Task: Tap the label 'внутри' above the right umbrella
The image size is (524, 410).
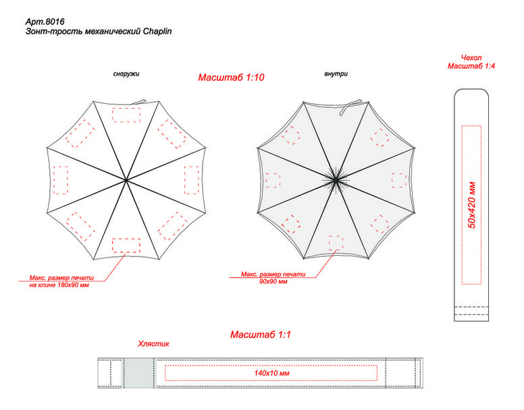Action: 336,74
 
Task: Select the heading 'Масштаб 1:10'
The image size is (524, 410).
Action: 231,78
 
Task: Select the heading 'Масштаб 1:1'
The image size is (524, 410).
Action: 261,334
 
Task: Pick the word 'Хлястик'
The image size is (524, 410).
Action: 153,344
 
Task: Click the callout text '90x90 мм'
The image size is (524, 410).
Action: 273,282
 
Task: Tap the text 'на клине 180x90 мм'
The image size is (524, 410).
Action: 60,285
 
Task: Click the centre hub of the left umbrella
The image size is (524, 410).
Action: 126,179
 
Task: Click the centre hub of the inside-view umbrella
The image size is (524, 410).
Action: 336,179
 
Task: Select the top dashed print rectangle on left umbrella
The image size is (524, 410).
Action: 126,114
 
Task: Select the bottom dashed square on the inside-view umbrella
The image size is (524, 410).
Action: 336,243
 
